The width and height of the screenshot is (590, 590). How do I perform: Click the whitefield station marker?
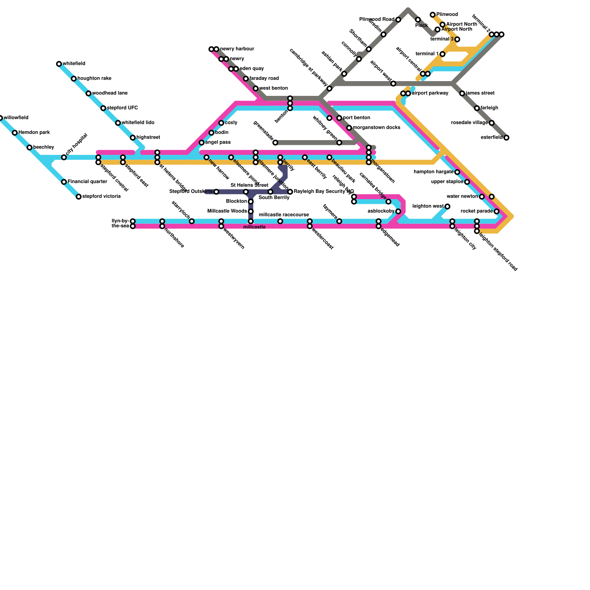coord(59,64)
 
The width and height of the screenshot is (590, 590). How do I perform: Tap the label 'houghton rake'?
coord(94,79)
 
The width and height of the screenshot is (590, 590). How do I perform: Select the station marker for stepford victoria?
coord(79,197)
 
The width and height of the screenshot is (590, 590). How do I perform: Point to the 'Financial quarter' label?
coord(87,182)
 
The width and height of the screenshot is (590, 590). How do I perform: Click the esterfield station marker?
coord(506,138)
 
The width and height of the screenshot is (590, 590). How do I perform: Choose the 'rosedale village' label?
coord(469,123)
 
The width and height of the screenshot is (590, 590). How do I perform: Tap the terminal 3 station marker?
coord(457,39)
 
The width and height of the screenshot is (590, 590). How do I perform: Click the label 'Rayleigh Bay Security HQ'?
coord(324,192)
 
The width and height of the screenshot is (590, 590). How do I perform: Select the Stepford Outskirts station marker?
coord(216,192)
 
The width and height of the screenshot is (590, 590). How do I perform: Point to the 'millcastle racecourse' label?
coord(284,215)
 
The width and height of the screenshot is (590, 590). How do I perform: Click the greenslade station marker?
coord(275,143)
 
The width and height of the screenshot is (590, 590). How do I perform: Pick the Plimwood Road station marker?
coord(398,20)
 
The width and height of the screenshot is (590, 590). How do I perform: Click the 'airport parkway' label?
coord(430,93)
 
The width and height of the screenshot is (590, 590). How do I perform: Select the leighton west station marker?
coord(447,206)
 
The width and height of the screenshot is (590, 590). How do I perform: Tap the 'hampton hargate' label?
coord(434,172)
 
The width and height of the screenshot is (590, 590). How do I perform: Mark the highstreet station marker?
coord(133,138)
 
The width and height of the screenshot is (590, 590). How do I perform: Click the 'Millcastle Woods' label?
coord(227,211)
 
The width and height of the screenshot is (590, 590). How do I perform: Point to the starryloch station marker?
coord(192,221)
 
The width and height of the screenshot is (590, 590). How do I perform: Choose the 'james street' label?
coord(480,93)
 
